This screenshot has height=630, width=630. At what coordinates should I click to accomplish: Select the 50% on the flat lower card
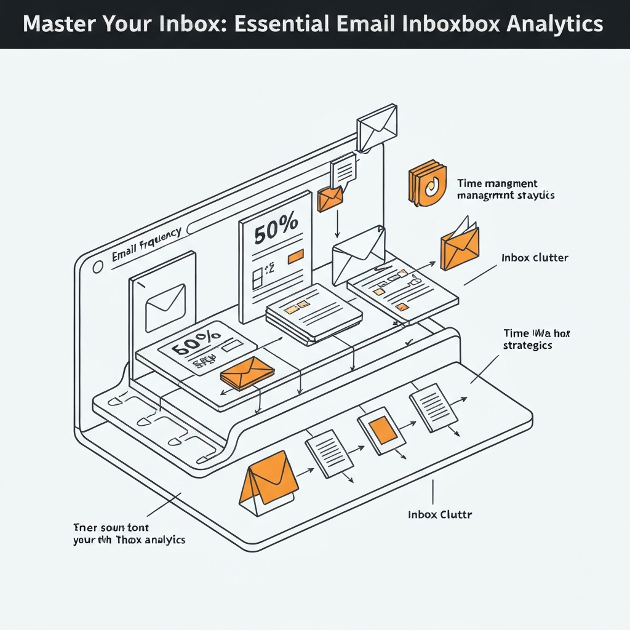(x=196, y=343)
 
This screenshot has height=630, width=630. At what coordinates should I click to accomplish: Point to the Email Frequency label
(x=146, y=246)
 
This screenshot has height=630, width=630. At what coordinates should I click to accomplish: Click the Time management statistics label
(x=506, y=189)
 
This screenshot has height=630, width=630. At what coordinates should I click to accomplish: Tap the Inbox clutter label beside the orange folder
(x=534, y=258)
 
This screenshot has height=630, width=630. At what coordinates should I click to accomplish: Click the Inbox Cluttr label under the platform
(x=440, y=514)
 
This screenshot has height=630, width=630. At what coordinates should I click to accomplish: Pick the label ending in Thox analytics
(x=129, y=534)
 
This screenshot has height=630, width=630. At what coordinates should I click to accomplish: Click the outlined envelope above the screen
(x=377, y=126)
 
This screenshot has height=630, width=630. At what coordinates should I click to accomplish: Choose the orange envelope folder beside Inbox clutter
(x=459, y=246)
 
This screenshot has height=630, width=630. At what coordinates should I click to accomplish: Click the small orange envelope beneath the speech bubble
(x=330, y=199)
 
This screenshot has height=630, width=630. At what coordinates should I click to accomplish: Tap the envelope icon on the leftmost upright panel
(x=165, y=307)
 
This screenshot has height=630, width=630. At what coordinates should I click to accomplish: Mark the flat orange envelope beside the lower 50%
(x=247, y=373)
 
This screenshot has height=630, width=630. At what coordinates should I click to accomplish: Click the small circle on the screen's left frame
(x=97, y=268)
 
